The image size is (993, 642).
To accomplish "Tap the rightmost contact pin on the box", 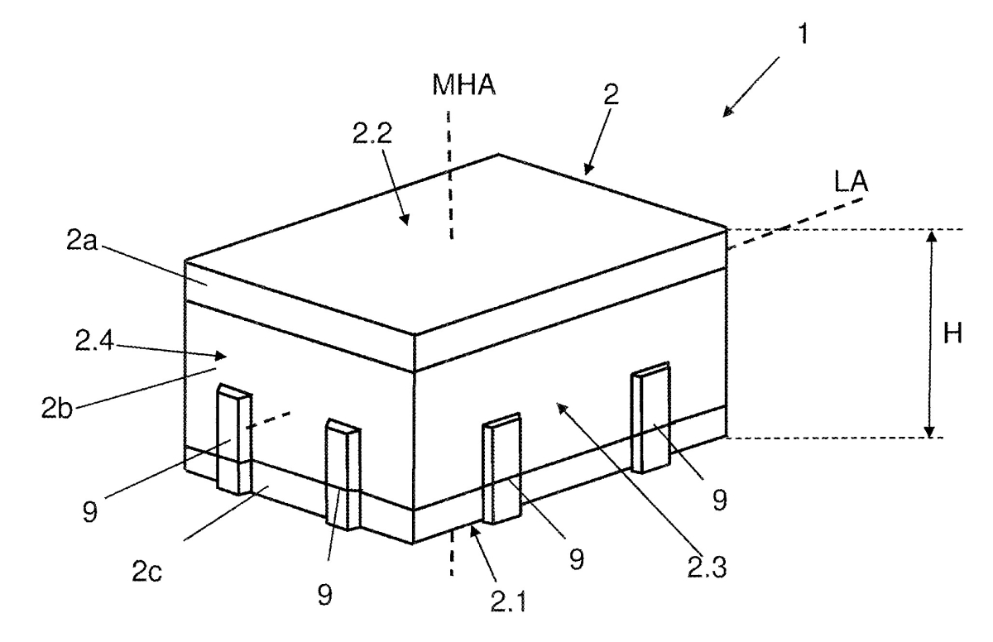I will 650,418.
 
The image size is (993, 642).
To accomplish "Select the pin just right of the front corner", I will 501,468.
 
